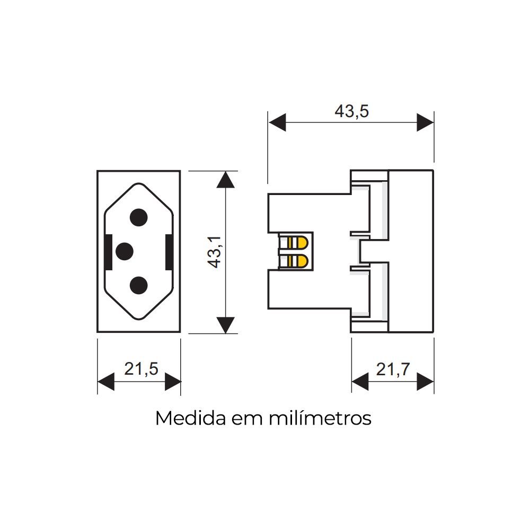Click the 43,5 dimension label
click(x=351, y=111)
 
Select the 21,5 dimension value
click(x=142, y=369)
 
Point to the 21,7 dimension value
click(x=393, y=369)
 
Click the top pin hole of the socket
click(x=138, y=218)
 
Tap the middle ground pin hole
click(x=125, y=251)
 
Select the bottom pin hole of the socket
click(x=138, y=285)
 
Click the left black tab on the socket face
click(x=108, y=252)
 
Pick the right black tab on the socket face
click(x=169, y=252)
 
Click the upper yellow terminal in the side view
click(x=298, y=243)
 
